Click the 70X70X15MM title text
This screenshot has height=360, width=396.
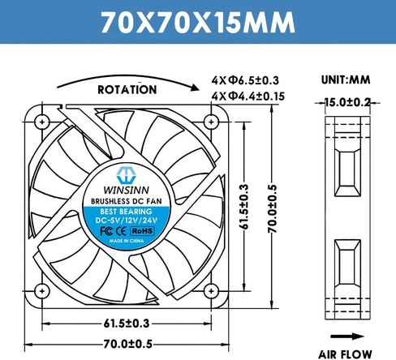[198, 22]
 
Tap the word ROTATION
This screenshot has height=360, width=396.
[127, 90]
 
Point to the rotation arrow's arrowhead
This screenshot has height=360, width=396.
[195, 88]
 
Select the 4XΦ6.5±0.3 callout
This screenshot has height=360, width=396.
[245, 80]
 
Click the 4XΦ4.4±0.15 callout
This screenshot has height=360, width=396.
[248, 96]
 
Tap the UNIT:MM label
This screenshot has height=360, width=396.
[346, 79]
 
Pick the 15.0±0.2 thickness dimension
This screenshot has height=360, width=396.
[347, 102]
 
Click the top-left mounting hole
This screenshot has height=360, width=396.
[42, 122]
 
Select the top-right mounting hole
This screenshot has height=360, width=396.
[211, 122]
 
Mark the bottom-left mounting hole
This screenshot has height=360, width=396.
[42, 291]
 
